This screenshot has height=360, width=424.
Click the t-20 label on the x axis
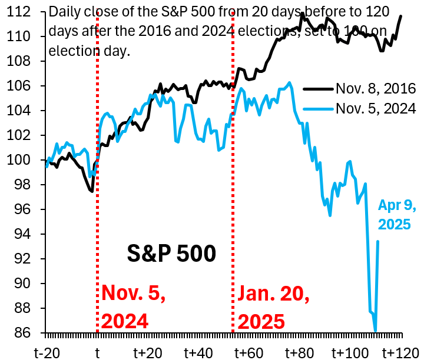[47, 352]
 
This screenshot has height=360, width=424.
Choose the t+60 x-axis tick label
[249, 352]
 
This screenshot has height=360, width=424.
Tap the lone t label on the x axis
[97, 352]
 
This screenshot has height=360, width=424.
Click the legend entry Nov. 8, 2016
[376, 89]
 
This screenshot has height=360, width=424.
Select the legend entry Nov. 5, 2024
[376, 108]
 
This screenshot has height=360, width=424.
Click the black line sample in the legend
[319, 89]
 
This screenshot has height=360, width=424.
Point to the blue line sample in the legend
[319, 108]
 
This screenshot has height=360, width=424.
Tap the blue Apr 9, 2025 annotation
[396, 215]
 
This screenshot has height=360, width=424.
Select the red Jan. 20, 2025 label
[274, 307]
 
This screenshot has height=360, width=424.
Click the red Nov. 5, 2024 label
[134, 307]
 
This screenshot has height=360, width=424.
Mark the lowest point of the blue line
[375, 331]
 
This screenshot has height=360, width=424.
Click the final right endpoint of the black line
[401, 16]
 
